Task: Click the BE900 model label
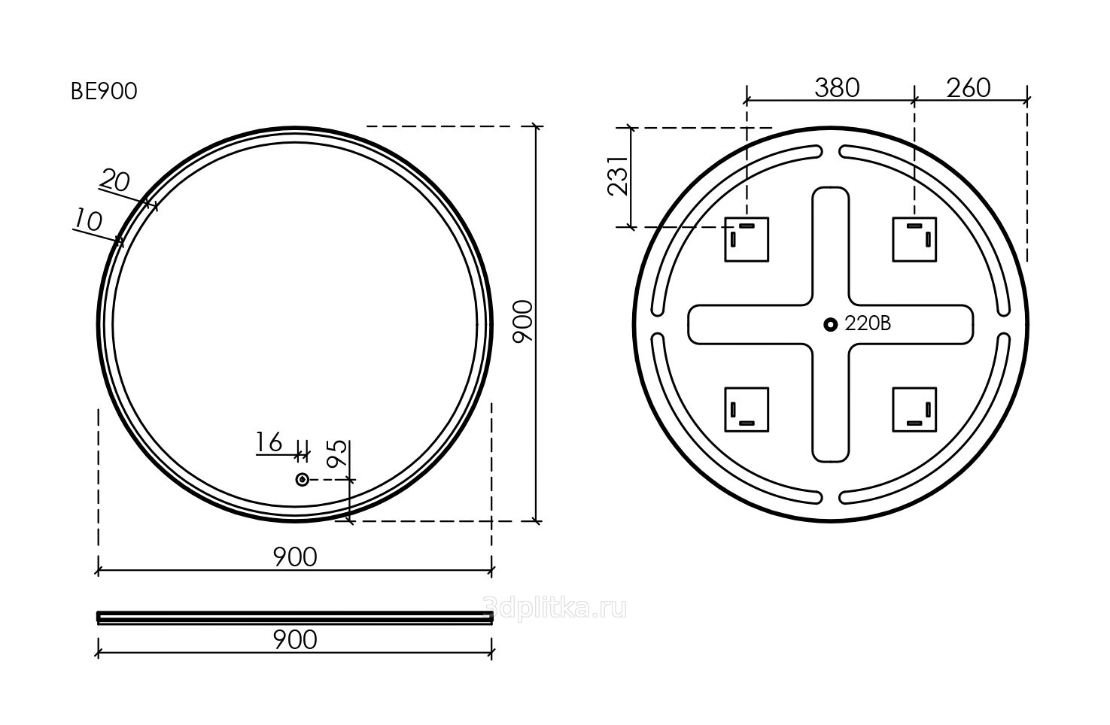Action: click(104, 92)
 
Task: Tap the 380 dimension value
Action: click(837, 88)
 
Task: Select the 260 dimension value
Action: click(969, 88)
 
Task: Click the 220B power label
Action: click(868, 324)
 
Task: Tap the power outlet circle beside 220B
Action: click(831, 325)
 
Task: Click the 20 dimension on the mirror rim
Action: click(115, 180)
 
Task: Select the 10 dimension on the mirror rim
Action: click(88, 220)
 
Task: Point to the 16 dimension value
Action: click(269, 441)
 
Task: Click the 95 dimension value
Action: click(337, 454)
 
